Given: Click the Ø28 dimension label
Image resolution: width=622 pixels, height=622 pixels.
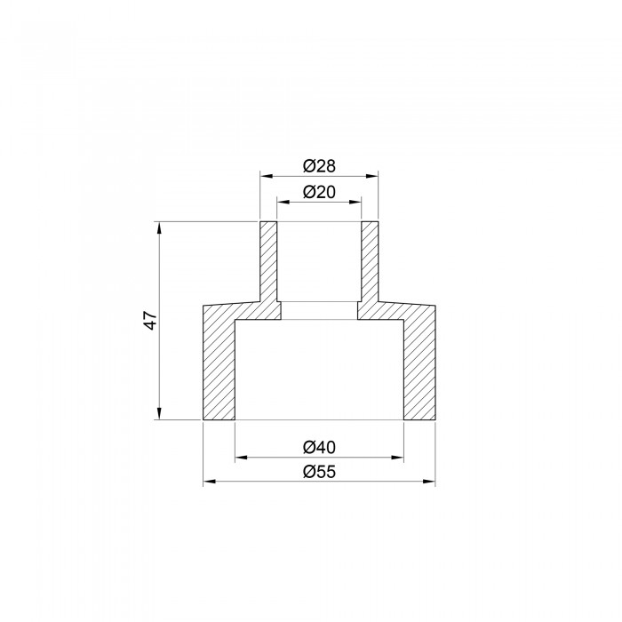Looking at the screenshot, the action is click(319, 166).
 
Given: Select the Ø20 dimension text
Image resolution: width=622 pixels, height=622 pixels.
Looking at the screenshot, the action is click(319, 192).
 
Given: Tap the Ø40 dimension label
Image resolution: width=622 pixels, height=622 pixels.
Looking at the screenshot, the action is click(319, 447).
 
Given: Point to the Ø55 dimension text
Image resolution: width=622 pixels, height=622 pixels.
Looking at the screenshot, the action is click(319, 472).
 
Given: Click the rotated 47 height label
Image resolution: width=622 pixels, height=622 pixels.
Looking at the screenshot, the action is click(151, 320).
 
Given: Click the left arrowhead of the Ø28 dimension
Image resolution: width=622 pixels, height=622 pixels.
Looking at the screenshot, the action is click(267, 176).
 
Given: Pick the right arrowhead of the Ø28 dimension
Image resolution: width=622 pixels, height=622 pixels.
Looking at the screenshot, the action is click(372, 176).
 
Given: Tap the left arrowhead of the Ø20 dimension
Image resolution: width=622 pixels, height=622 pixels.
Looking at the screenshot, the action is click(283, 202).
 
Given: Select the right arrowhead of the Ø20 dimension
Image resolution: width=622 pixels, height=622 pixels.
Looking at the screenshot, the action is click(355, 202).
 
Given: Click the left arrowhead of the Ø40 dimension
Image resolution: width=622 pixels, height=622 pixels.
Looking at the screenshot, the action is click(242, 458).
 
